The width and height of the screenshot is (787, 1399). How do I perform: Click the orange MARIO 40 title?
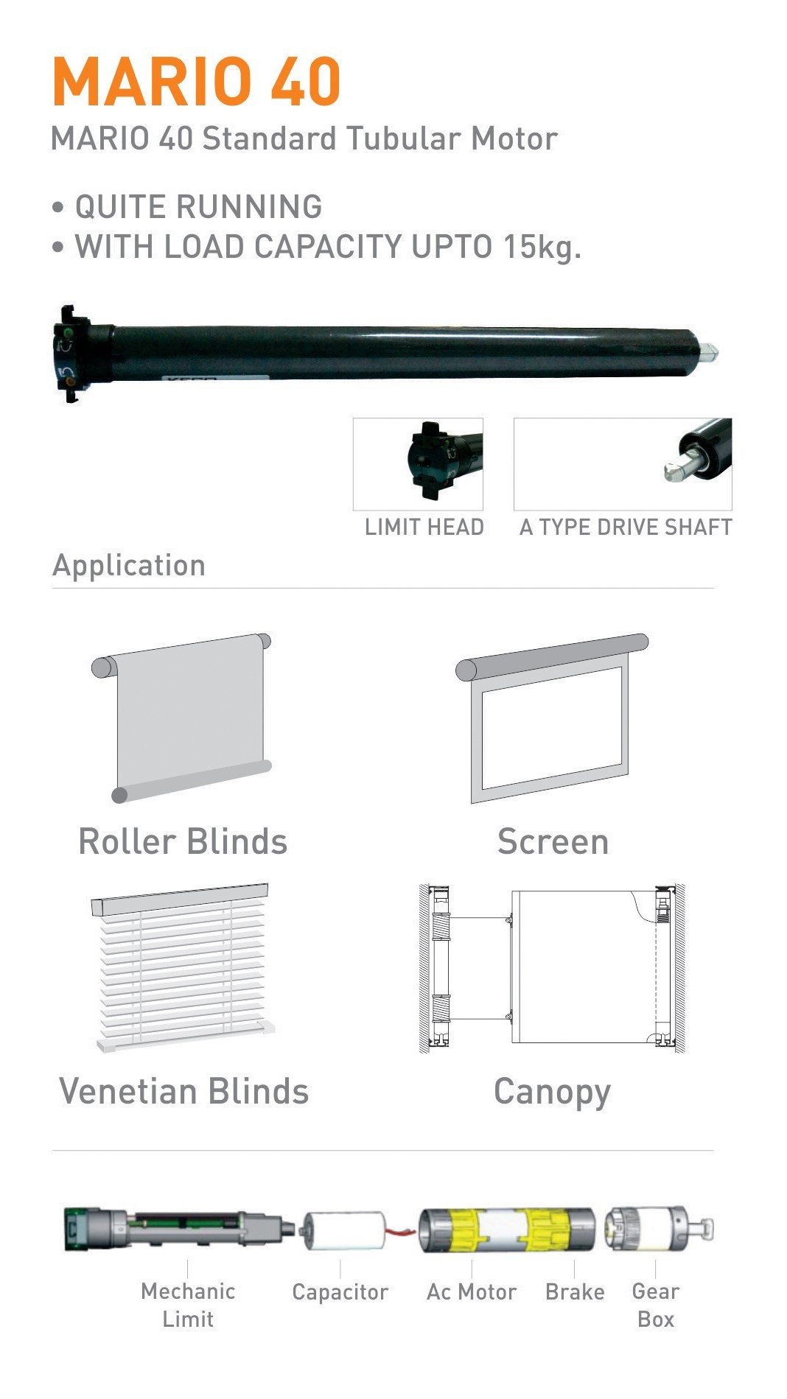[196, 81]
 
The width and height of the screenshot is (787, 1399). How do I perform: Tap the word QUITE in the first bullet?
[122, 207]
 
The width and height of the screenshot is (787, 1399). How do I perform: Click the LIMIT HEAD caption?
[424, 527]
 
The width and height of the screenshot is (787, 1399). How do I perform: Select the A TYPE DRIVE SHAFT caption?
[626, 527]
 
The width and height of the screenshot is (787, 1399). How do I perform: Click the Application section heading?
[129, 566]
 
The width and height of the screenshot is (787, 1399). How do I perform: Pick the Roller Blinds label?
[183, 841]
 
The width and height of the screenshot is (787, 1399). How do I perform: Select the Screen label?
[553, 841]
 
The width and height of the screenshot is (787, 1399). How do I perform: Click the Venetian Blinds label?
[183, 1091]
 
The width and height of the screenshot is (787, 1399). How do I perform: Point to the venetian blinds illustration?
[183, 965]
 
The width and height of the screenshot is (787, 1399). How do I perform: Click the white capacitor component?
[344, 1231]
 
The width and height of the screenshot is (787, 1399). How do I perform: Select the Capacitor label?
[340, 1292]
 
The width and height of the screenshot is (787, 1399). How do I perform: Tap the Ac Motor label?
[472, 1292]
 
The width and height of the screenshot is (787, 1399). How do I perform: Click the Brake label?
[575, 1292]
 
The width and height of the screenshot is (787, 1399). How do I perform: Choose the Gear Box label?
[656, 1305]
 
